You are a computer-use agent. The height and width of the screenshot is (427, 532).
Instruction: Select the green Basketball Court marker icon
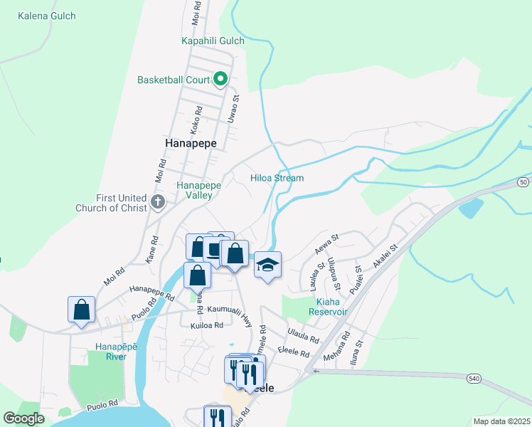point(220,80)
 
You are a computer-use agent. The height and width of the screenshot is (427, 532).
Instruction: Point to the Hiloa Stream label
point(277,178)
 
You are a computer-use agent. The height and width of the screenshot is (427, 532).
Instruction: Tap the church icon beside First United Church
point(157,204)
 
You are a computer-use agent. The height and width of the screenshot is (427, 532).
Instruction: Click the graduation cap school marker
point(267,265)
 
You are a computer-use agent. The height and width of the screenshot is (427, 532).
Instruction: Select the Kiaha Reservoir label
point(327,307)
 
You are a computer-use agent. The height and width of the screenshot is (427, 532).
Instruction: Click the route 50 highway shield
point(523,183)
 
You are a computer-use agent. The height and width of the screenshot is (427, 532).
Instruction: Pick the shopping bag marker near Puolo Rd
point(82,310)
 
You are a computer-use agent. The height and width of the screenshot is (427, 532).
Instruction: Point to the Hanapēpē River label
point(112,351)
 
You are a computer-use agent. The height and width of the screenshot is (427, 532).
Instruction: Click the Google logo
point(23,418)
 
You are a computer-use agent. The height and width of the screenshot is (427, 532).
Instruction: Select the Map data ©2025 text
point(501,421)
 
